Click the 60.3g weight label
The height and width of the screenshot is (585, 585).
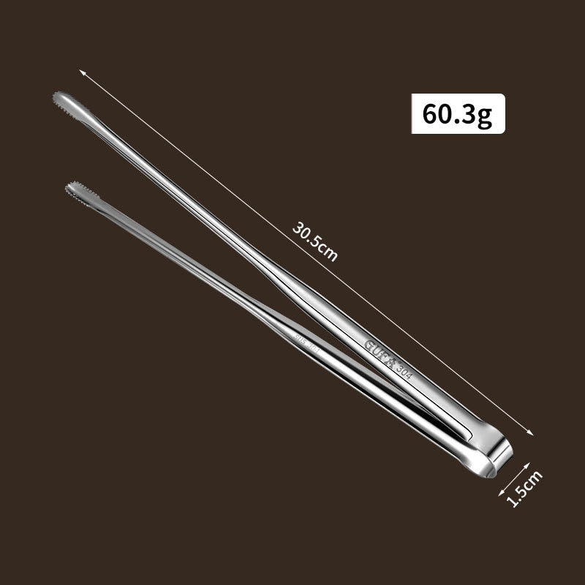coord(458,114)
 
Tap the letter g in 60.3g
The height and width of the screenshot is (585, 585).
coord(486,116)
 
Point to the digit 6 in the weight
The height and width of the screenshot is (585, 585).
coord(430,114)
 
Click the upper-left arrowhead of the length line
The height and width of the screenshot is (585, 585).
coord(82,72)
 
